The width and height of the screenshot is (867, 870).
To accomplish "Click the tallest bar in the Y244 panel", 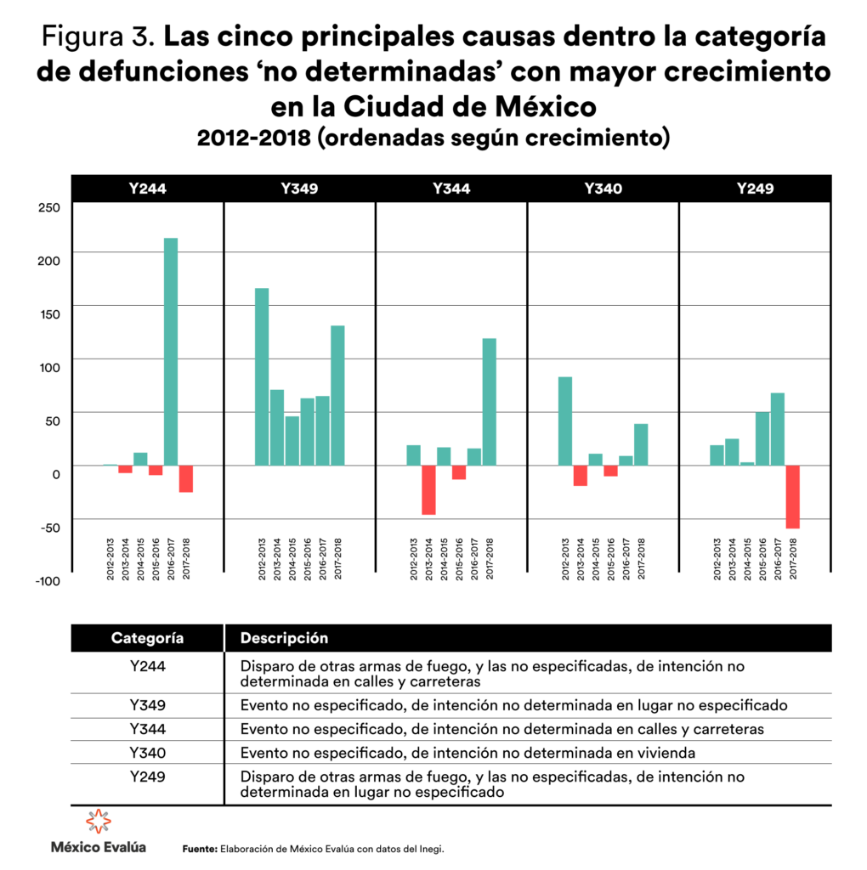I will (x=171, y=351).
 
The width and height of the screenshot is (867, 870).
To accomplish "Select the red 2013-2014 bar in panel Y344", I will (x=428, y=490).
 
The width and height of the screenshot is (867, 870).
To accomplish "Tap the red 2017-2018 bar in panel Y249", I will (x=792, y=497).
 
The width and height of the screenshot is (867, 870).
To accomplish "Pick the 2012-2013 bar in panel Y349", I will (x=262, y=376).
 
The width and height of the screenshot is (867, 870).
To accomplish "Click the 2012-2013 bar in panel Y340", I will (x=565, y=421).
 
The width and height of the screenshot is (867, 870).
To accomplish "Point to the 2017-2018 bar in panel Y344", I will (x=490, y=401).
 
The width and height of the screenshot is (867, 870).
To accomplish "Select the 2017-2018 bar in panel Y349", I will (x=337, y=395).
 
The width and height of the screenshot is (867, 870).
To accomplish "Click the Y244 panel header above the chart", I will (x=147, y=189).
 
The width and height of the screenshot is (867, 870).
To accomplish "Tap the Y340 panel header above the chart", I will (x=603, y=189).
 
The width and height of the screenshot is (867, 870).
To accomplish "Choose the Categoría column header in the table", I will (x=147, y=638).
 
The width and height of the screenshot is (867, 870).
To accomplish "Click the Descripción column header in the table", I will (x=284, y=638).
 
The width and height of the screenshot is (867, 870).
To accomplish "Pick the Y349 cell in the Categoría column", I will (x=147, y=705).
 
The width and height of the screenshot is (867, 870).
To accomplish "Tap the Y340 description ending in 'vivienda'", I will (x=467, y=752).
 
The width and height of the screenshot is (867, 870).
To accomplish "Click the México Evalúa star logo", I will (x=99, y=822).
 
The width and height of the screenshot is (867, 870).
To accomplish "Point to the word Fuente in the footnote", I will (x=200, y=849).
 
